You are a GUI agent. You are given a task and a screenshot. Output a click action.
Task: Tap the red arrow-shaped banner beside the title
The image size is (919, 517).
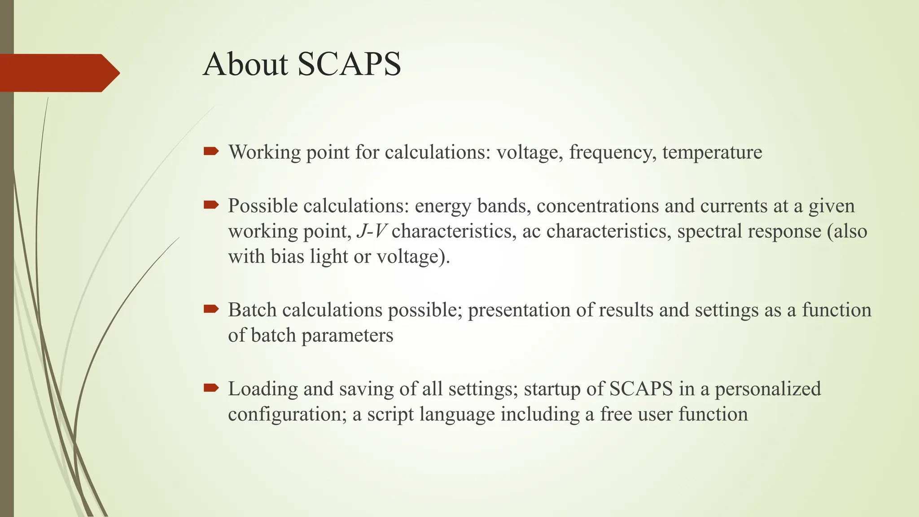click(58, 73)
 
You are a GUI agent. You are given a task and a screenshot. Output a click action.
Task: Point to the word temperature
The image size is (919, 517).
click(712, 153)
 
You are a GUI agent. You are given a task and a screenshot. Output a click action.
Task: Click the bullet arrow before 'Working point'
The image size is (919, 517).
click(211, 151)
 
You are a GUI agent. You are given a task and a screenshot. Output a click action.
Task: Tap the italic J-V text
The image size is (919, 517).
click(371, 232)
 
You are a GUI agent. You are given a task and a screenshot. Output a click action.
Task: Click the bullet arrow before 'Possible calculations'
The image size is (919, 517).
click(211, 205)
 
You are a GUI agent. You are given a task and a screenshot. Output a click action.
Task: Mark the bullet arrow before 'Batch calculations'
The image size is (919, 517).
click(211, 309)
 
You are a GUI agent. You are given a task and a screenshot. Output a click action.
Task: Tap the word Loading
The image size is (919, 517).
click(263, 389)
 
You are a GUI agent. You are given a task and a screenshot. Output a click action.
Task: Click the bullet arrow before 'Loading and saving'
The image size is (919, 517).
click(211, 388)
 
